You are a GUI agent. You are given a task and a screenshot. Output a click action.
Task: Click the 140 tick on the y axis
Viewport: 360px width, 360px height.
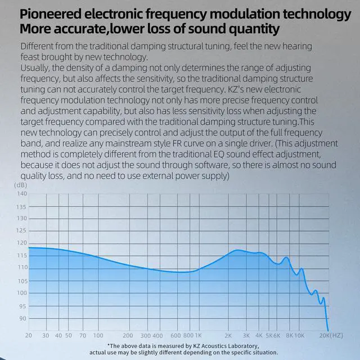[x=21, y=193]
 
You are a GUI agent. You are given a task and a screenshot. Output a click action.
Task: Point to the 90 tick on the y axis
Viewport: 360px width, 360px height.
[x=22, y=318]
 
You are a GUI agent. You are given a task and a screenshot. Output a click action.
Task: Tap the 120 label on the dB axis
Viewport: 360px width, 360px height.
[x=21, y=243]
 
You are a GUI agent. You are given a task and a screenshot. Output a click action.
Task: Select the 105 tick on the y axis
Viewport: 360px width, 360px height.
[x=21, y=280]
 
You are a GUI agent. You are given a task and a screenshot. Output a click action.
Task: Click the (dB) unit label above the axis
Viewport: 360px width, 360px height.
[x=21, y=184]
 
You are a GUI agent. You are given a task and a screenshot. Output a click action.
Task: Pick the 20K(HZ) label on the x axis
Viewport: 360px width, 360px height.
[x=331, y=335]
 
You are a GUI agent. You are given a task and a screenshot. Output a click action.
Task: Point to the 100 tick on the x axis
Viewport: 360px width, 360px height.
[x=97, y=335]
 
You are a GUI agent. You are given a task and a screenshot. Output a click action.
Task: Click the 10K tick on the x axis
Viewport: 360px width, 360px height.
[x=299, y=335]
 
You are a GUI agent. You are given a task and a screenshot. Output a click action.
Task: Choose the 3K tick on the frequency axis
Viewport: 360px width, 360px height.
[x=245, y=335]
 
